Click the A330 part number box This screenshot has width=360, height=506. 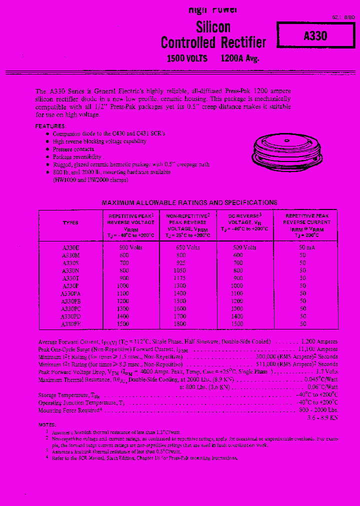[315, 36]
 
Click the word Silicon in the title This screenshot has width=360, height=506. [213, 27]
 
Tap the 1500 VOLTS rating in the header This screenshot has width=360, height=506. [187, 58]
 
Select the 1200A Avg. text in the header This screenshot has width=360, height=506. [239, 58]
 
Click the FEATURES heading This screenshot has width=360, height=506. [50, 127]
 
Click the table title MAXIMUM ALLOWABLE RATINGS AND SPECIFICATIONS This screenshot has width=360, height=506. [189, 202]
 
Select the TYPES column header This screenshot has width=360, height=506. [70, 223]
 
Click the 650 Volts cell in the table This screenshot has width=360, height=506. [188, 247]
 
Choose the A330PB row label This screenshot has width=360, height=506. [71, 301]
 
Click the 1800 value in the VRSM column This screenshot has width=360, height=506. [180, 323]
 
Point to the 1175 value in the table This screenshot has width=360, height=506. [180, 278]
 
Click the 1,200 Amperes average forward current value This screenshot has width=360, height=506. [319, 341]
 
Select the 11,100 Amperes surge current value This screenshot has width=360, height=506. [318, 349]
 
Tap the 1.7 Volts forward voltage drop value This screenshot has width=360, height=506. [327, 371]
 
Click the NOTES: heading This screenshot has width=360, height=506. [47, 424]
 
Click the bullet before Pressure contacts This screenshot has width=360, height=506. [47, 149]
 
